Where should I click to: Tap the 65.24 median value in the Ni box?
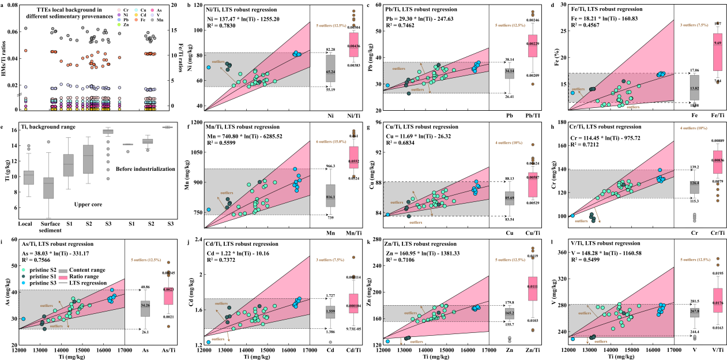click(330, 72)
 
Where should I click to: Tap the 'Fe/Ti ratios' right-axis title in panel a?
click(185, 55)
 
